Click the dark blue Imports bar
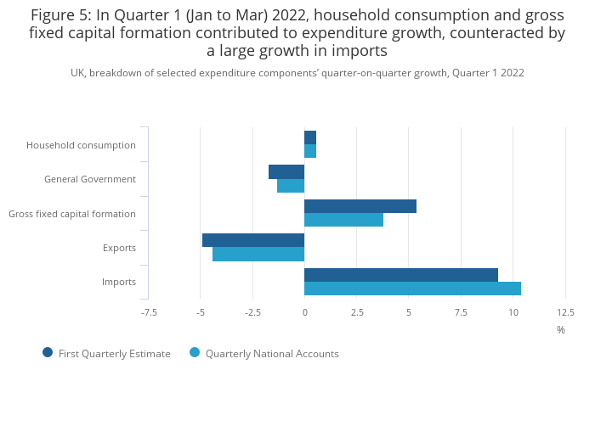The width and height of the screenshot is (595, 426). coord(400,275)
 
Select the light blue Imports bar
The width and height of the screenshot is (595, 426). coord(412,289)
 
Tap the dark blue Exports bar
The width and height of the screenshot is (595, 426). coord(253,240)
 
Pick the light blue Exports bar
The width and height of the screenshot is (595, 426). coord(258,254)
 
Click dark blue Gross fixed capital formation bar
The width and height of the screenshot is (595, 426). coord(360,206)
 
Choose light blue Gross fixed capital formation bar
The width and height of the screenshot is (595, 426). coord(343,220)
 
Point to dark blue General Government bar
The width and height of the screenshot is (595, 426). coord(286,171)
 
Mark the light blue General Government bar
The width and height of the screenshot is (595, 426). coord(291,185)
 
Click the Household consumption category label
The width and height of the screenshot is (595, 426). coord(81,145)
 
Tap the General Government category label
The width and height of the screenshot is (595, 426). coord(90,179)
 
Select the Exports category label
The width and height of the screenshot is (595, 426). coord(119,248)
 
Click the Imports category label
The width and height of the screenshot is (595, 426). coord(119,282)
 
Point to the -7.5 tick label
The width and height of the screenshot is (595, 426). coord(149,312)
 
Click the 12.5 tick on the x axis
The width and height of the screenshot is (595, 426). coord(565,312)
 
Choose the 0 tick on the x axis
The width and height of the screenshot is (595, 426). coord(304,312)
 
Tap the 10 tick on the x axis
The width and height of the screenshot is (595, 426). coord(513,312)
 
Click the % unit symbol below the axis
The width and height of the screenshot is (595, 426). coord(561,330)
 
